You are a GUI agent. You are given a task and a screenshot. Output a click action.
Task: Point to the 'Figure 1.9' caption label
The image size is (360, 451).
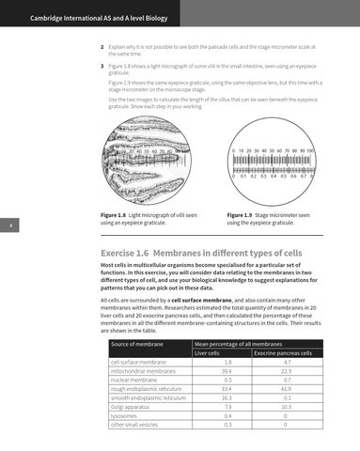(x=243, y=215)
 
